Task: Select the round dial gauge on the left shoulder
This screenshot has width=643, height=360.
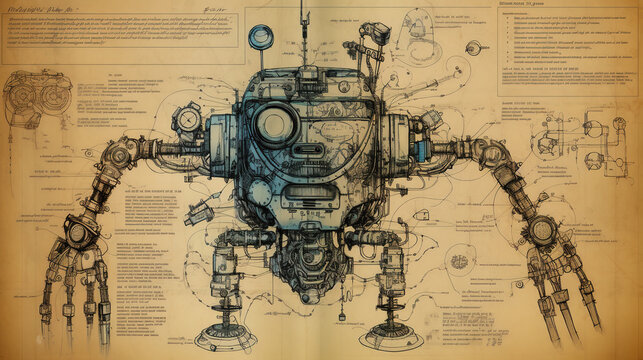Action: tap(188, 119)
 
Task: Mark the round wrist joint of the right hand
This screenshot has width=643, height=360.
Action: tap(541, 231)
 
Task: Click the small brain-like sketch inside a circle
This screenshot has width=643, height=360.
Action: tap(459, 261)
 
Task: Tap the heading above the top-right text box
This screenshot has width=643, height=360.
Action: tap(520, 5)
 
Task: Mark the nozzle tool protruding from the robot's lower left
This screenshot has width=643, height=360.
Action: tap(198, 212)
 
